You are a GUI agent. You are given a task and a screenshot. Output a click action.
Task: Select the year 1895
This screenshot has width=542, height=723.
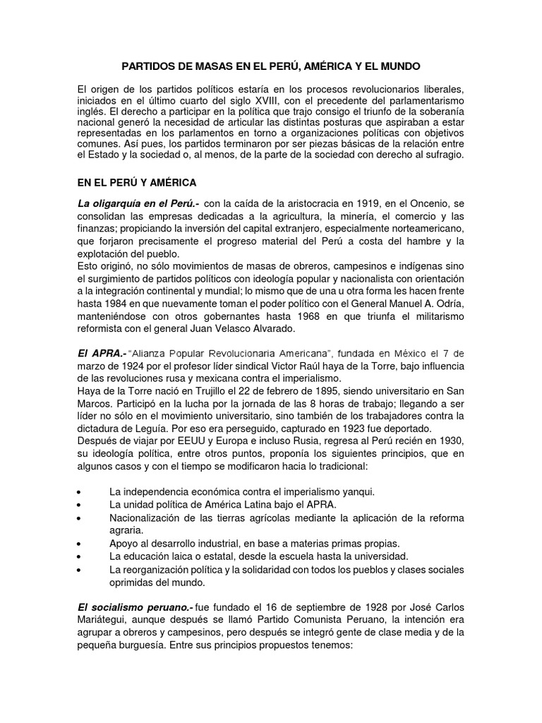(x=308, y=392)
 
